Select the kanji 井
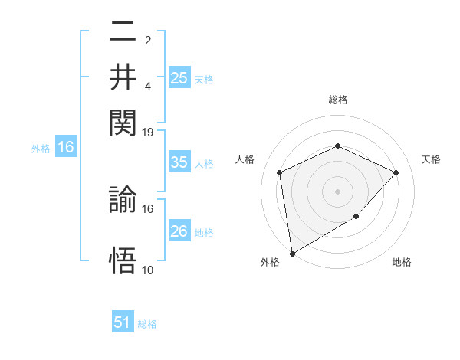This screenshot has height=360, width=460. tap(123, 77)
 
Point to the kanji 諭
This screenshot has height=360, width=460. tap(123, 201)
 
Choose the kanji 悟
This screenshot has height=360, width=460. tap(123, 260)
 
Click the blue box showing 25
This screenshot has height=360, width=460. tap(179, 77)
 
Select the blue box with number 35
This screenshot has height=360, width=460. tap(179, 162)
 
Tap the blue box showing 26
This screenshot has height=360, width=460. tap(179, 231)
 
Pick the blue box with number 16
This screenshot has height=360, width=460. tap(66, 148)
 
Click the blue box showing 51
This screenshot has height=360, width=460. tap(123, 322)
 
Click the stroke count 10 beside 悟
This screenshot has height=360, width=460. tap(148, 270)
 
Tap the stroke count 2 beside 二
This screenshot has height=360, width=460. tap(148, 41)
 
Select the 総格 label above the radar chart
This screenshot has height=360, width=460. tap(337, 100)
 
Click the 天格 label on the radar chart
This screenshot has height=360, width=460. tap(431, 159)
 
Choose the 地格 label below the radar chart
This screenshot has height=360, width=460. tap(402, 262)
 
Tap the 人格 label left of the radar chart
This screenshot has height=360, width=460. tap(245, 159)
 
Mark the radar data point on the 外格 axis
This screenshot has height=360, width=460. tap(292, 253)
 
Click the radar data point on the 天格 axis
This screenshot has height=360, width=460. tap(396, 172)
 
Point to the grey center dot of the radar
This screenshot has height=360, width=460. tap(337, 191)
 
